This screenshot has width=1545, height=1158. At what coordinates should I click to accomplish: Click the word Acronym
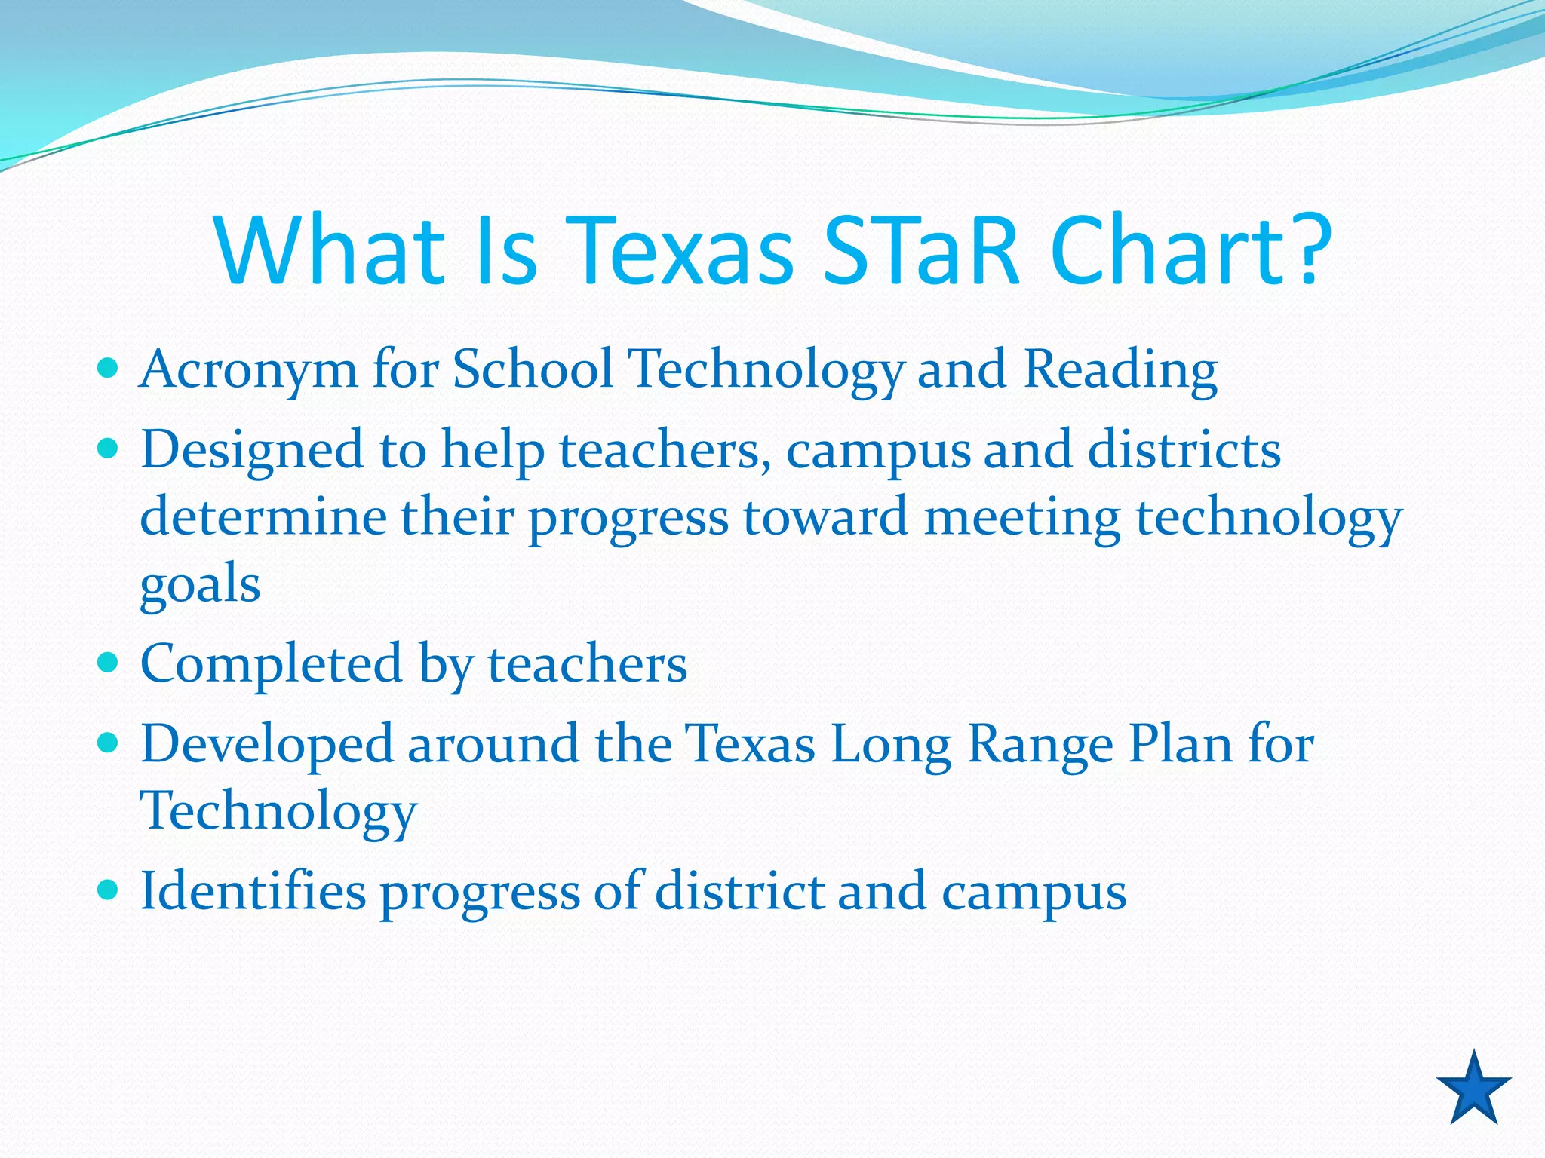tap(248, 371)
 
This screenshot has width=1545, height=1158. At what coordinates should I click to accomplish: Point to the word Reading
tap(1120, 371)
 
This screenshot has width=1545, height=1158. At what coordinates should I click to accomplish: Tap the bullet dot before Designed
tap(109, 449)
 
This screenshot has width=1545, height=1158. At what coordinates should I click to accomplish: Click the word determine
tap(262, 517)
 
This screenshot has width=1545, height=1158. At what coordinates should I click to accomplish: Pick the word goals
tap(200, 584)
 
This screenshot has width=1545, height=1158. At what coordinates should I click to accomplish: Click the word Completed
tap(271, 664)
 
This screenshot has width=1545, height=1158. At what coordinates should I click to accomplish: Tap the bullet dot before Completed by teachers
tap(109, 663)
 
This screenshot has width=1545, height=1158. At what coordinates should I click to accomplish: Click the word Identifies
tap(253, 891)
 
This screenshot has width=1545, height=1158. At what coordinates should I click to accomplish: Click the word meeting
tap(1022, 519)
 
